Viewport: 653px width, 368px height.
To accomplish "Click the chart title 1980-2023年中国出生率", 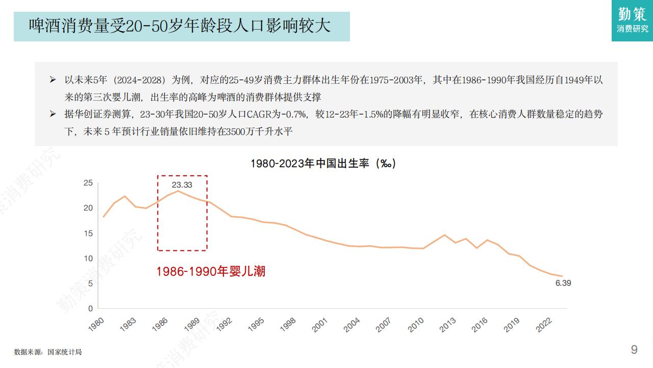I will (323, 164).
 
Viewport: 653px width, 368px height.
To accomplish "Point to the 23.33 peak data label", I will (182, 185).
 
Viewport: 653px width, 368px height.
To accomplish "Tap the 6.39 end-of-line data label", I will (563, 283).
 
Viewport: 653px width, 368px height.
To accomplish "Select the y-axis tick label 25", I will (88, 183).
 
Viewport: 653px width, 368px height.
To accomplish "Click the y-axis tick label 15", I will (88, 233).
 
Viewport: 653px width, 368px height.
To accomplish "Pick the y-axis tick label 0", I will (90, 308).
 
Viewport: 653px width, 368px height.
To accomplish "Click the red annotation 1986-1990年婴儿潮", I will (211, 271).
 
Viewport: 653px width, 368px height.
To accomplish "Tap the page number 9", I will (634, 350).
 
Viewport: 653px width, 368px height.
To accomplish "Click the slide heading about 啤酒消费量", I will (180, 26).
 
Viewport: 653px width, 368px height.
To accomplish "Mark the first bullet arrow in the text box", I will (53, 80).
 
